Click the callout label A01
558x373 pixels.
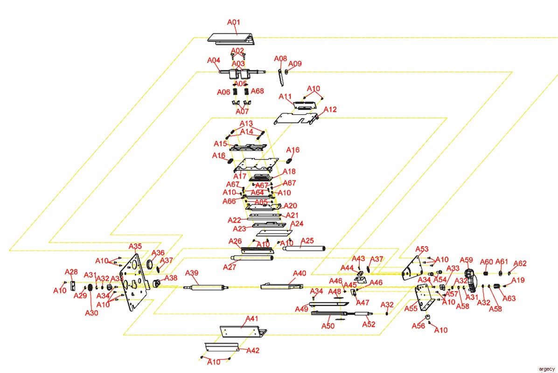(x=233, y=22)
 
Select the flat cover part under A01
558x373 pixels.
(x=231, y=39)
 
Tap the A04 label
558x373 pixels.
(x=214, y=61)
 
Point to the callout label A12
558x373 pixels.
(x=330, y=110)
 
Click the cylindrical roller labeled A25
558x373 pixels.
(x=304, y=248)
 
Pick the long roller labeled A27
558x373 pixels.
(x=252, y=258)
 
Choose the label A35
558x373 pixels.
(x=135, y=246)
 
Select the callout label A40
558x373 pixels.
(x=299, y=273)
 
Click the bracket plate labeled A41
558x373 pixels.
(x=244, y=331)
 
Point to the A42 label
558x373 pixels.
(x=253, y=351)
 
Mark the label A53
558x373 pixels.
(x=422, y=249)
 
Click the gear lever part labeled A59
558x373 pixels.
(x=470, y=279)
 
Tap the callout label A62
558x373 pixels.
(x=520, y=263)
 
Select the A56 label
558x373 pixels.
(x=418, y=326)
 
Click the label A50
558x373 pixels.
(x=328, y=326)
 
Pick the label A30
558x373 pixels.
(x=91, y=313)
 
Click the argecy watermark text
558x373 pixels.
(x=547, y=369)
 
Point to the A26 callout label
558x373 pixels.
(x=235, y=242)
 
